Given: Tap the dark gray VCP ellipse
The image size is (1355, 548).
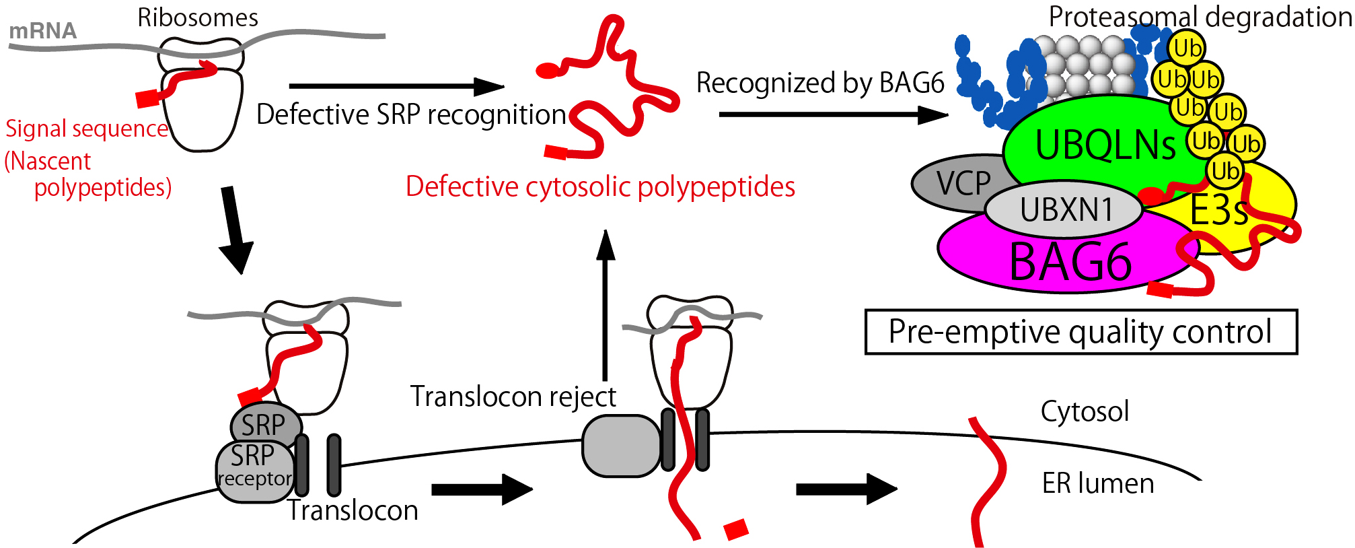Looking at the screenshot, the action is click(955, 183).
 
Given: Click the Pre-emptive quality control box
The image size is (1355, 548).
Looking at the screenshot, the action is click(1081, 332).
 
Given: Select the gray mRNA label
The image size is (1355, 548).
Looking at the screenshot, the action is click(43, 31).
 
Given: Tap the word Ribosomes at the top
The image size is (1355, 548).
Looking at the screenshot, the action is click(198, 18).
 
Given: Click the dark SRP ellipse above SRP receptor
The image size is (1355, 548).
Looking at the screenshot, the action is click(266, 424).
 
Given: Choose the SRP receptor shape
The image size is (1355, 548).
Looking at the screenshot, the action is click(255, 471).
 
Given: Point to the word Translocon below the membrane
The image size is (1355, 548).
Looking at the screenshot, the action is click(353, 511).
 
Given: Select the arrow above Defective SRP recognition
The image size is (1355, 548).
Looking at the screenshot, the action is click(396, 86).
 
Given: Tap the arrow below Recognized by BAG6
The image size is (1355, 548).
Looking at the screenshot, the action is click(834, 114).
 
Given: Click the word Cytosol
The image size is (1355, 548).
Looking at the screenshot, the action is click(1085, 411).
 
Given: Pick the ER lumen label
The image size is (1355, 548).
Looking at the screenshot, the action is click(1098, 483).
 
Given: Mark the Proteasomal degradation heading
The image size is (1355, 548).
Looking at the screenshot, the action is click(1200, 17).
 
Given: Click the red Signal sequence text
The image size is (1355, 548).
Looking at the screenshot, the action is click(87, 129).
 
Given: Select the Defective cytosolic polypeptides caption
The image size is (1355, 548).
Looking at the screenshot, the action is click(600, 187).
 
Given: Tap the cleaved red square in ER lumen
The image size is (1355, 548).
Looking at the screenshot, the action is click(736, 528).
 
